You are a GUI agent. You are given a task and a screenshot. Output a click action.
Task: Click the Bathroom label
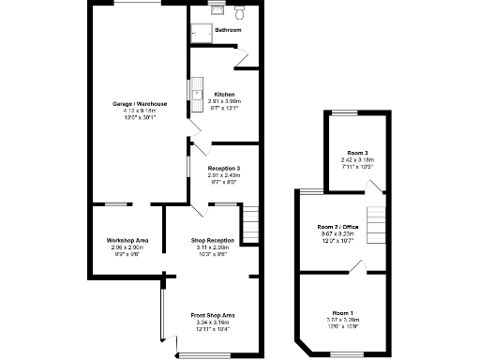[228, 31]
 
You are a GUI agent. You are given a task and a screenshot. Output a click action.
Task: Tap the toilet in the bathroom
[240, 14]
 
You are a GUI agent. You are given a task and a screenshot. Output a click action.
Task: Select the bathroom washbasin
[218, 10]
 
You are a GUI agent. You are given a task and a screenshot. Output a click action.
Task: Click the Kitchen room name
[224, 95]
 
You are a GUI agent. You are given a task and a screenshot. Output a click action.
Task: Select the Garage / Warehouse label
[141, 103]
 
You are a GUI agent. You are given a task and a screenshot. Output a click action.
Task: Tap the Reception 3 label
[224, 169]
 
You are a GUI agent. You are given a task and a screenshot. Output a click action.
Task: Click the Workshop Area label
[127, 241]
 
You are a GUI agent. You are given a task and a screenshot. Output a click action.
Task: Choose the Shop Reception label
[213, 241]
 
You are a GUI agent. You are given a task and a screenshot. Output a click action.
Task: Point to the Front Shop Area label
[213, 314]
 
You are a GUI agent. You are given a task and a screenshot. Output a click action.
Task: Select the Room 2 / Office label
[337, 227]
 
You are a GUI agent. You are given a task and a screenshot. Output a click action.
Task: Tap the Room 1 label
[343, 312]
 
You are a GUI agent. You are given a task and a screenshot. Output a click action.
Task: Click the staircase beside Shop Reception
[249, 224]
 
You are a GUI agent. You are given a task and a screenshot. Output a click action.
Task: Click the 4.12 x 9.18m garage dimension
[141, 111]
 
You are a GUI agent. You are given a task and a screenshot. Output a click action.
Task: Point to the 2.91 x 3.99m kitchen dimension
[224, 101]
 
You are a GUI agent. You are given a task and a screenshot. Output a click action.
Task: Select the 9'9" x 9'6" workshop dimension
[127, 254]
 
